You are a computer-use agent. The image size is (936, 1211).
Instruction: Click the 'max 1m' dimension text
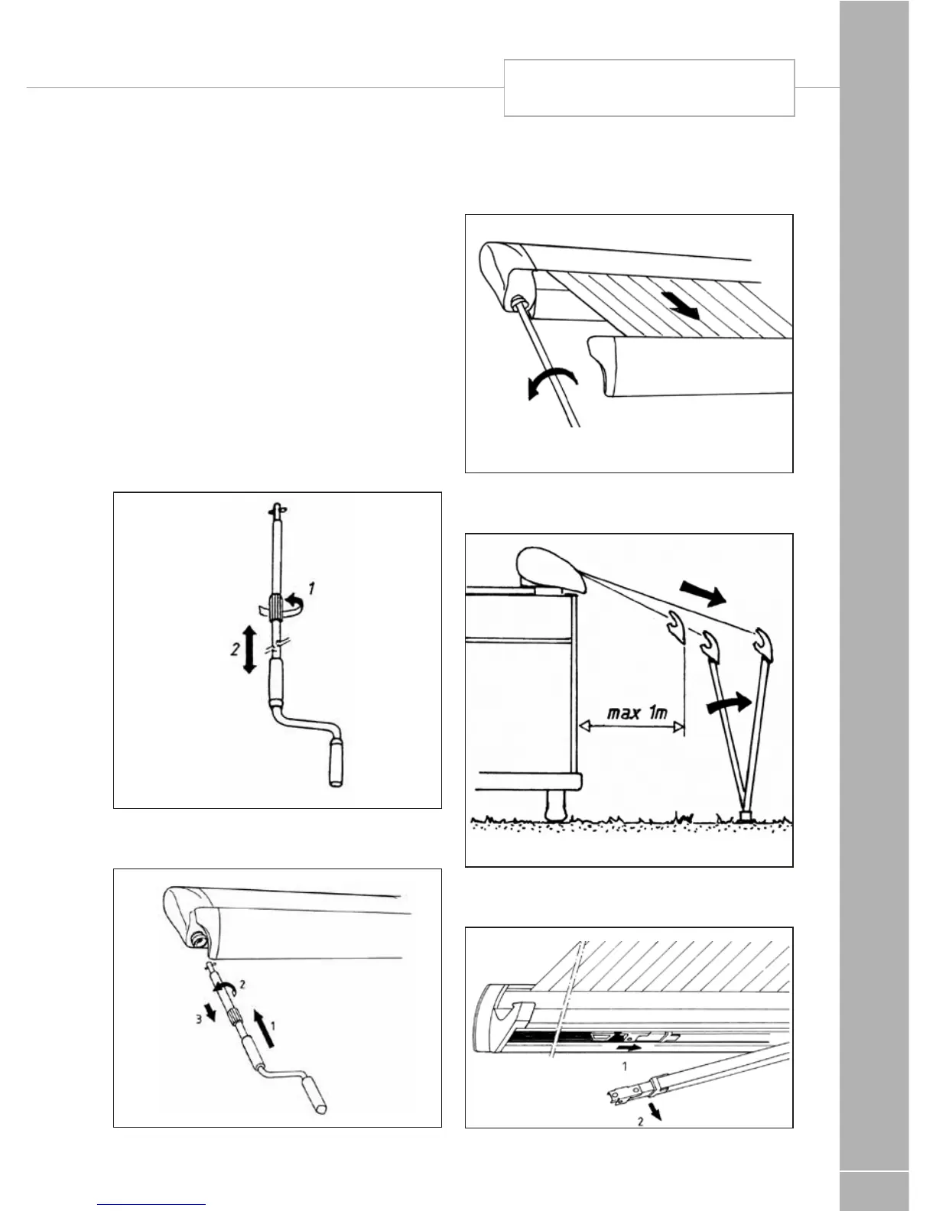637,713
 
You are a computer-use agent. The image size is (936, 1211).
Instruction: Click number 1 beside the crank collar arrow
311,589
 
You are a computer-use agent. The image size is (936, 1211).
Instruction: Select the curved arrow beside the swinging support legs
726,700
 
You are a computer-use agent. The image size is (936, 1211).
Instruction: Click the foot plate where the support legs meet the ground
744,816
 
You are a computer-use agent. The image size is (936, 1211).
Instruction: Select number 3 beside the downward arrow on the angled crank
198,1019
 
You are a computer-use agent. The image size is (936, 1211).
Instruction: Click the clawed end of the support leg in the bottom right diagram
622,1094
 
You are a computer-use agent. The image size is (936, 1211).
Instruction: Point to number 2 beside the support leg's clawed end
641,1122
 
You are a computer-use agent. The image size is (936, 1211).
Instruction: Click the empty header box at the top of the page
649,88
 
